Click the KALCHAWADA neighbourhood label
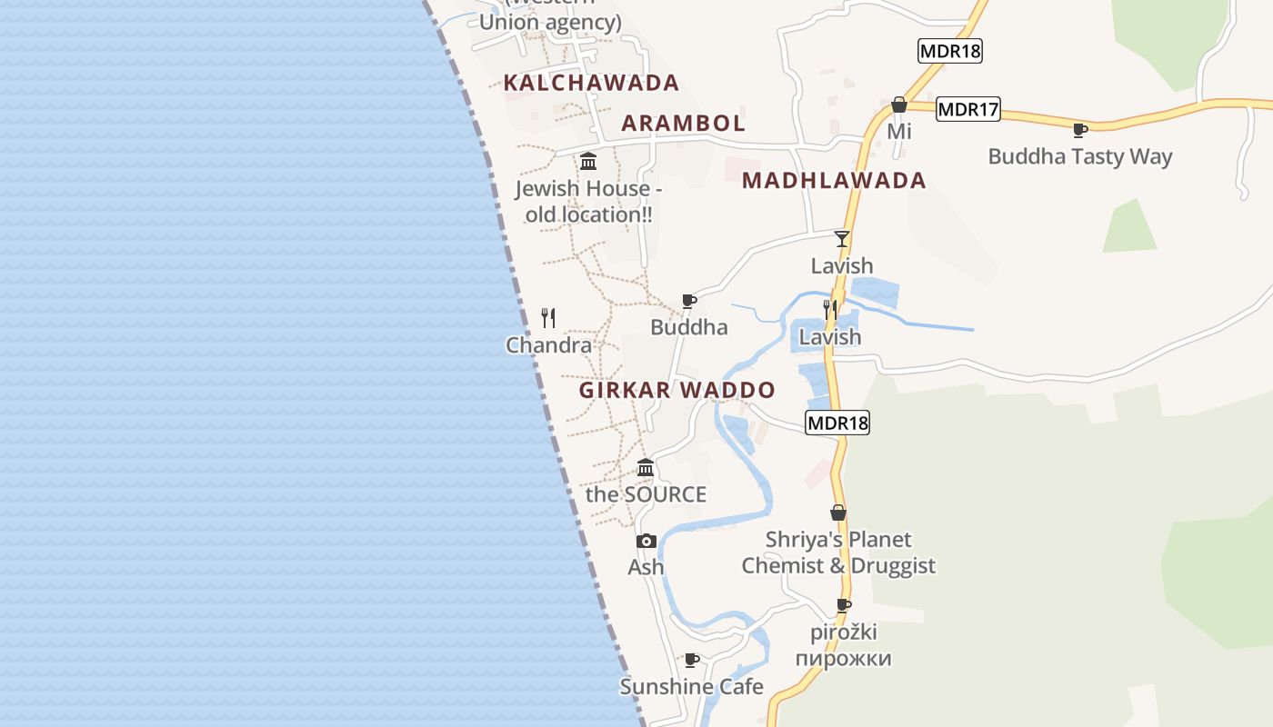[591, 83]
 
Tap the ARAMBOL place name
[683, 123]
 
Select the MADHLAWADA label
[834, 180]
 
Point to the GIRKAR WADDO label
[677, 391]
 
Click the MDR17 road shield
[967, 110]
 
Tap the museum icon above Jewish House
[588, 162]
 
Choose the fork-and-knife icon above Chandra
[548, 317]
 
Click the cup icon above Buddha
[689, 301]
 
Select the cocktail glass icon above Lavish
[842, 239]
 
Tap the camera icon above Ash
[646, 541]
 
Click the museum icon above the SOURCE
[646, 468]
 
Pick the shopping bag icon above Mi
[899, 105]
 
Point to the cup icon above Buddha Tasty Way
[1080, 130]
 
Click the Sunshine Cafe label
[691, 686]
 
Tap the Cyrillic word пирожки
[843, 658]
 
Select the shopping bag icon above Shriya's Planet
[838, 513]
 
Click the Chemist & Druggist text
[838, 565]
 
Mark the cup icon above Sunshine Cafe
[691, 660]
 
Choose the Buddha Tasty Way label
[1080, 156]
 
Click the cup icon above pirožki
[844, 605]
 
